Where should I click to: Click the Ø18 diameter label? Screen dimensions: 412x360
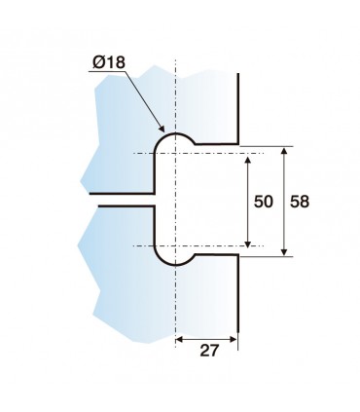tap(109, 63)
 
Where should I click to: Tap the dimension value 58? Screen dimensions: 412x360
tap(301, 201)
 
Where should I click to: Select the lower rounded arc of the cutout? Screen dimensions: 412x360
tap(175, 266)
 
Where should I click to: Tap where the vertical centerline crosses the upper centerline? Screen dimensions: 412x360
tap(175, 154)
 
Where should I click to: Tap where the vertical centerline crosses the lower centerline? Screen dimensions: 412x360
tap(175, 245)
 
